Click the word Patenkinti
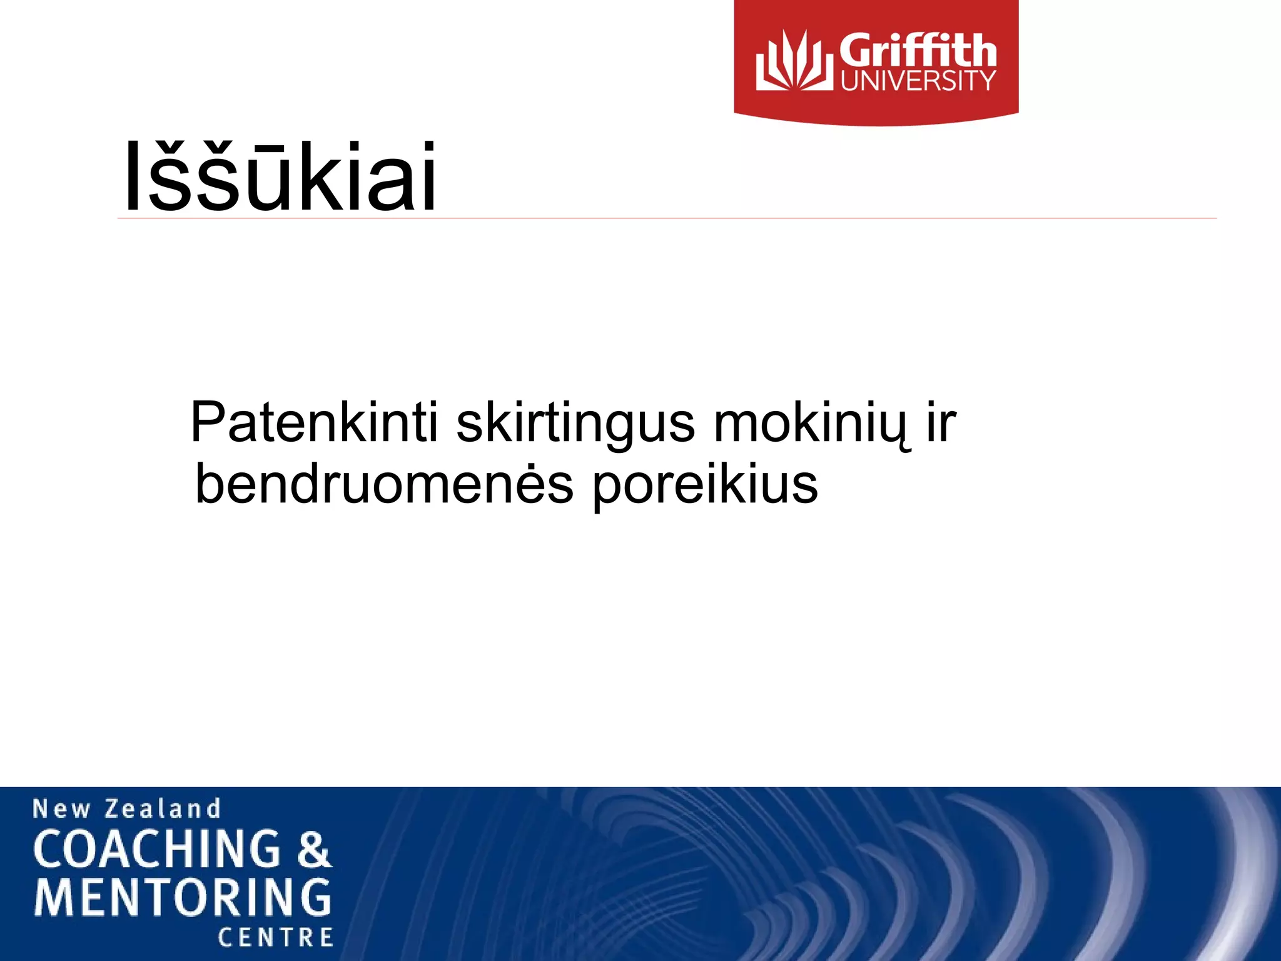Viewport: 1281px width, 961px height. [315, 423]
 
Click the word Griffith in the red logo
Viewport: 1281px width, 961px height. [917, 51]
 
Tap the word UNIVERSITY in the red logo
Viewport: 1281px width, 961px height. [918, 81]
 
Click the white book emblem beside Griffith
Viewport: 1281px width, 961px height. [794, 61]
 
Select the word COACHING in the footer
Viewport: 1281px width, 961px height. [157, 849]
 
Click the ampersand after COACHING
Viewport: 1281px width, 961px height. [313, 850]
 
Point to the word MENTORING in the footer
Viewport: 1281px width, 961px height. [183, 897]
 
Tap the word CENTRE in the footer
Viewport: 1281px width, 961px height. [275, 937]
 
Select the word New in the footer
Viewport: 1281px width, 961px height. [61, 809]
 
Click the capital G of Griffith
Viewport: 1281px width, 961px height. [858, 51]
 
